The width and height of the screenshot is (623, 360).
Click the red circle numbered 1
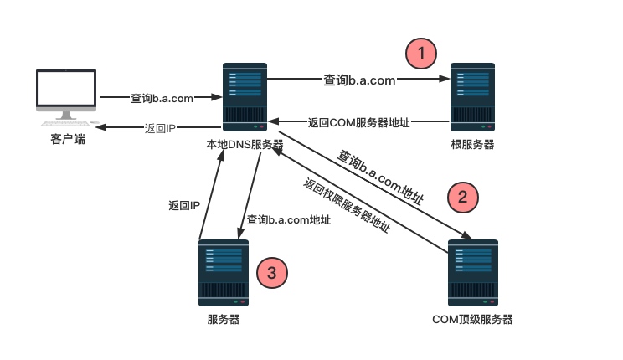tap(420, 54)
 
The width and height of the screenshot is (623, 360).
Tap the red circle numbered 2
tap(462, 197)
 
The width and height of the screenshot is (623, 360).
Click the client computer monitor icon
tap(66, 93)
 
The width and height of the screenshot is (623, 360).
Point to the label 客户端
tap(68, 139)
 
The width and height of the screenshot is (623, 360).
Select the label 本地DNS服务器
tap(245, 144)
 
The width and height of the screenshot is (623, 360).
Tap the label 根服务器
tap(472, 144)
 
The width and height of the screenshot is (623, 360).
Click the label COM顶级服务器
tap(472, 319)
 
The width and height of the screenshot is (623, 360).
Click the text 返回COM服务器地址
tap(358, 122)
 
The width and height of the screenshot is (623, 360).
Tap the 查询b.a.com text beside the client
tap(162, 98)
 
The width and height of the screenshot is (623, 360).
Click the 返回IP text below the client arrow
tap(161, 128)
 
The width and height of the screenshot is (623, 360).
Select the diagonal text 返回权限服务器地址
tap(347, 206)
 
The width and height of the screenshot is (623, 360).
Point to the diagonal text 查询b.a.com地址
tap(379, 177)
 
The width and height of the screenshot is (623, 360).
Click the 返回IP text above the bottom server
tap(183, 205)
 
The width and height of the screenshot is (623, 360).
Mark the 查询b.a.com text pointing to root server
tap(359, 80)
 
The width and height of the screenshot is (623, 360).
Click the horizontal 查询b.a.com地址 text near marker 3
tap(288, 220)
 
